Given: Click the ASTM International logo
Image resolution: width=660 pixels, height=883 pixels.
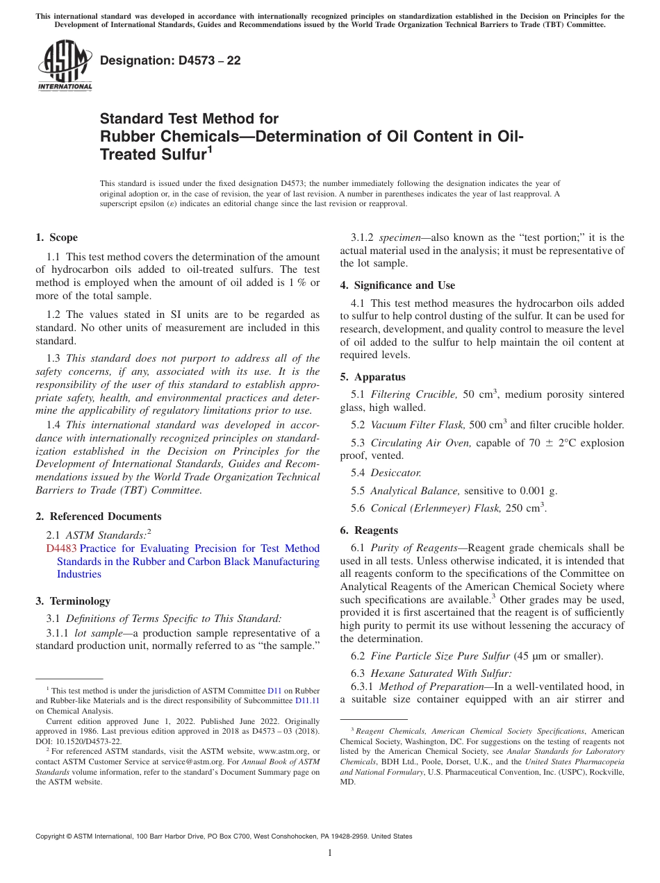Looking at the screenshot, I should tap(64, 65).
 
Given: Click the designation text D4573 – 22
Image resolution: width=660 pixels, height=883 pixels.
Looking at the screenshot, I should tap(170, 60).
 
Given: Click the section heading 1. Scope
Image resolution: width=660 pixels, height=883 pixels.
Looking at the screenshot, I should tap(56, 237).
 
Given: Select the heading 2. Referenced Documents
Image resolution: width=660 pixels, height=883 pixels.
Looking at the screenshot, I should tap(98, 516).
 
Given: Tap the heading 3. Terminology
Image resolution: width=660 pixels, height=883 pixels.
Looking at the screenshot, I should tap(72, 601).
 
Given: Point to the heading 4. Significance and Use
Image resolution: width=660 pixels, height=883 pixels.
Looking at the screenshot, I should tap(397, 285).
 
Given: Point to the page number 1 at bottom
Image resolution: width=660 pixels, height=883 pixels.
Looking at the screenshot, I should tap(330, 853).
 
